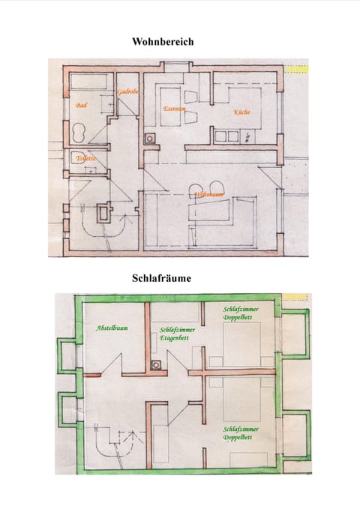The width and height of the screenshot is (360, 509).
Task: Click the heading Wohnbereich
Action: [x=163, y=42]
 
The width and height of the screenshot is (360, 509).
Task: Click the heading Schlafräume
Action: [x=161, y=277]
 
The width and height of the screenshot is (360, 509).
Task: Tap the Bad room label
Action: [x=82, y=106]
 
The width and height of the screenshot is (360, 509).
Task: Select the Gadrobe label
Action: [x=127, y=91]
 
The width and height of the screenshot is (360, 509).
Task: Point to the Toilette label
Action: [x=85, y=158]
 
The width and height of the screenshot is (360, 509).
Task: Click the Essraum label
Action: [x=174, y=109]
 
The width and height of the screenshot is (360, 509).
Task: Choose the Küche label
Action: [x=241, y=112]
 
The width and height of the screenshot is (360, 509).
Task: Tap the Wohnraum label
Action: [x=209, y=195]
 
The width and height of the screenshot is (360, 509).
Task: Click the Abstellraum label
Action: [x=111, y=328]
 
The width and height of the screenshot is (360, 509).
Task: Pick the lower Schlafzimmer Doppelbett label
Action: [x=241, y=433]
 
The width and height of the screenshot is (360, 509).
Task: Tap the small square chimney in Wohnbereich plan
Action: [x=150, y=139]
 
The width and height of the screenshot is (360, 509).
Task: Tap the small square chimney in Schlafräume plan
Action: [x=155, y=365]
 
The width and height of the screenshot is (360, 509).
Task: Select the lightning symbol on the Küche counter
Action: [x=247, y=136]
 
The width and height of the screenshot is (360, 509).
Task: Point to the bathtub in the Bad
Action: [x=88, y=82]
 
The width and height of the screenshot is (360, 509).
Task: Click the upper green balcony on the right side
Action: [x=295, y=334]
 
